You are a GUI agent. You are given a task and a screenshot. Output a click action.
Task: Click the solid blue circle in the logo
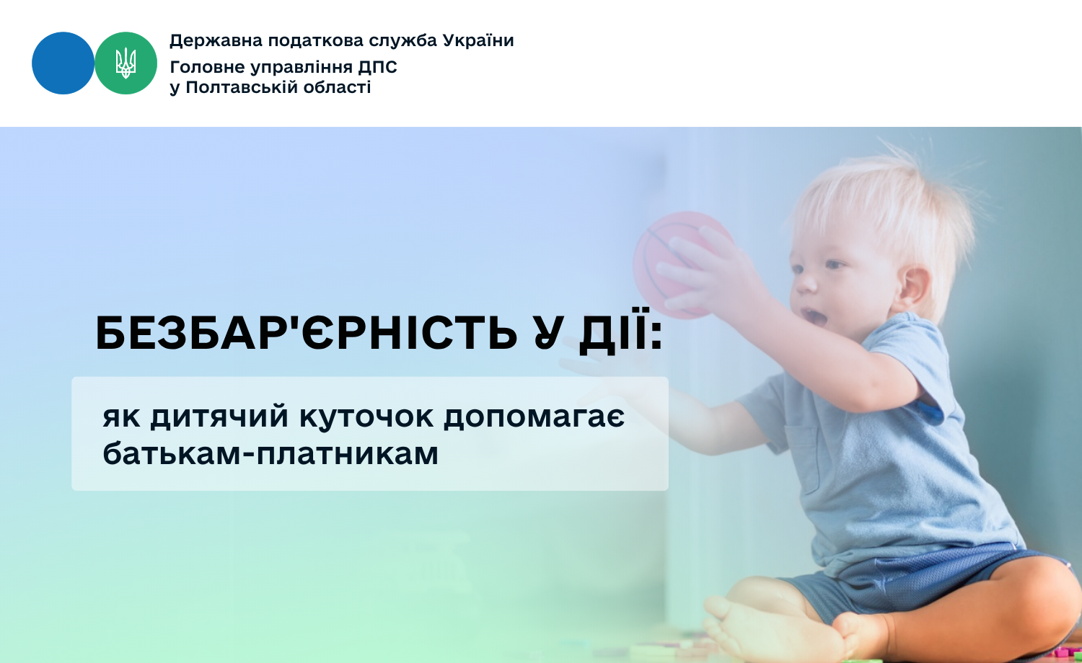63,63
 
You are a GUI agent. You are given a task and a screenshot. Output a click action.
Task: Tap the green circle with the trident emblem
126,63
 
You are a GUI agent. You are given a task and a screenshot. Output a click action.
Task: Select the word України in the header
478,40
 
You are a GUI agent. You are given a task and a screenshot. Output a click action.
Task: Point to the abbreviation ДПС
377,68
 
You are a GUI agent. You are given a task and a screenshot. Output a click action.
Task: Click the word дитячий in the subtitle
219,417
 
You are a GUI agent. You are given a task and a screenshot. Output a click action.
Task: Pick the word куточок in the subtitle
366,417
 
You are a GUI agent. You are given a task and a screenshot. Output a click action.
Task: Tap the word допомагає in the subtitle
534,418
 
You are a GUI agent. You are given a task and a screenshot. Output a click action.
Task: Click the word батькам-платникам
270,453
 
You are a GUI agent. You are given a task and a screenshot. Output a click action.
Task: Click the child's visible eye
835,264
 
